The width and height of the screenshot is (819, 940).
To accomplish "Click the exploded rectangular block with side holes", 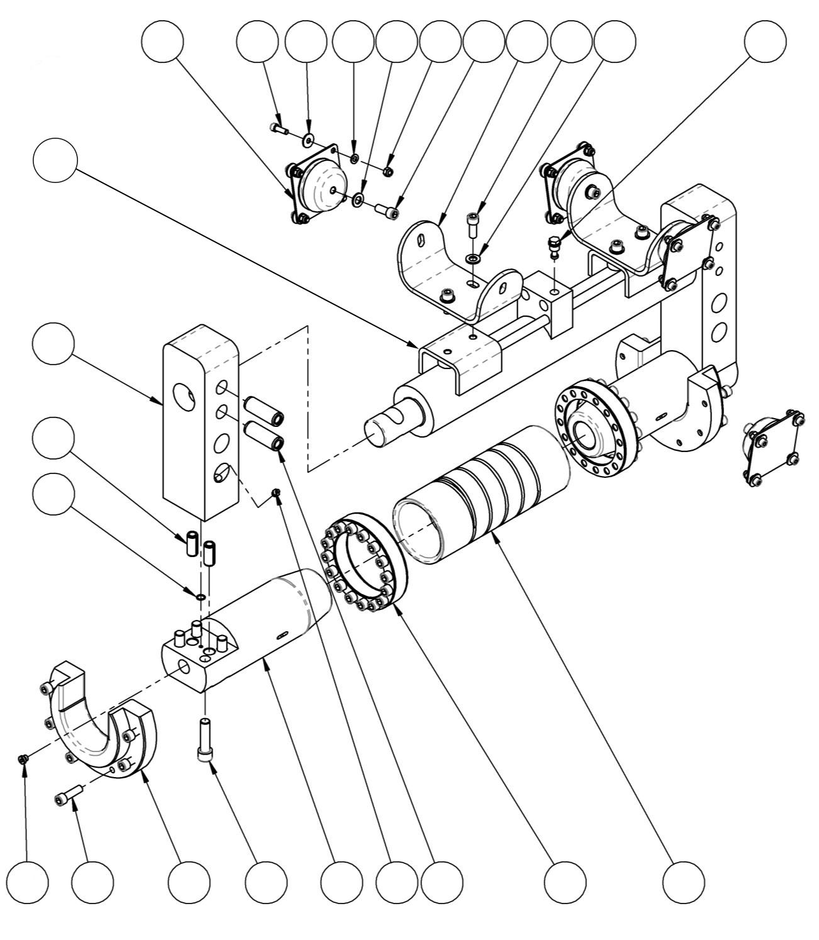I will [x=201, y=421].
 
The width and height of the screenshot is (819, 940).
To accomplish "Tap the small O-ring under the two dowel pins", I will [x=201, y=595].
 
